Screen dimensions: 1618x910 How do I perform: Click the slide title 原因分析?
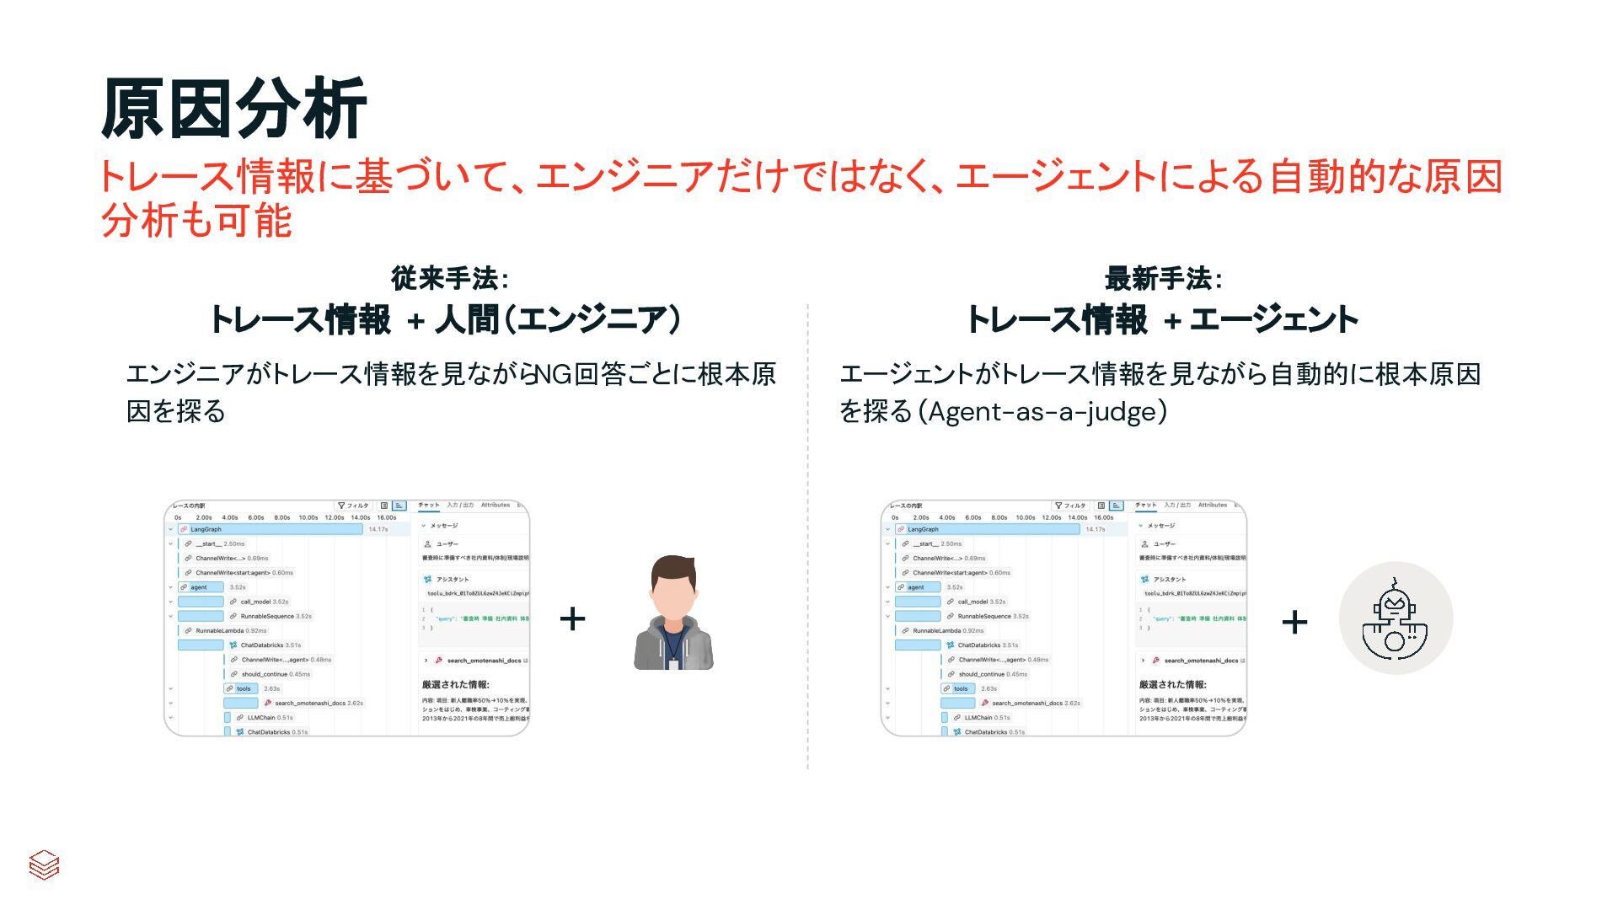[x=233, y=110]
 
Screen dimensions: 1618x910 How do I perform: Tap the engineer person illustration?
[x=673, y=613]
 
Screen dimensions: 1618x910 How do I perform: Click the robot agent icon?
[x=1396, y=619]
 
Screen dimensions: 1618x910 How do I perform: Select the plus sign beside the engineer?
[x=572, y=619]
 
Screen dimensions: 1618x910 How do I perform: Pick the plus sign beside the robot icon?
[x=1294, y=623]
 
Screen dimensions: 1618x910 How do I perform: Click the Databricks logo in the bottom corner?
[x=44, y=864]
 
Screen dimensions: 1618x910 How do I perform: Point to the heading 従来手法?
[x=449, y=278]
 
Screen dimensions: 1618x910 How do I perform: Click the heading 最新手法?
[x=1163, y=278]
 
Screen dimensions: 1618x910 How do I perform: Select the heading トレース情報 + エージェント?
[x=1163, y=320]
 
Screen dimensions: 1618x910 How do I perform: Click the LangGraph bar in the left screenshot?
[x=270, y=529]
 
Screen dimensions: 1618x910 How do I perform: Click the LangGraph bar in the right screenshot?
[x=987, y=529]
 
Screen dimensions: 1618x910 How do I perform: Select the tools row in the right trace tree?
[x=960, y=688]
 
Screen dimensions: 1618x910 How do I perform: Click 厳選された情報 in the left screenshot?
[x=455, y=684]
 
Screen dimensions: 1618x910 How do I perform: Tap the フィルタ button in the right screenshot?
[x=1071, y=506]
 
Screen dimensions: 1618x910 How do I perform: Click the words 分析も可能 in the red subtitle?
[x=196, y=221]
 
